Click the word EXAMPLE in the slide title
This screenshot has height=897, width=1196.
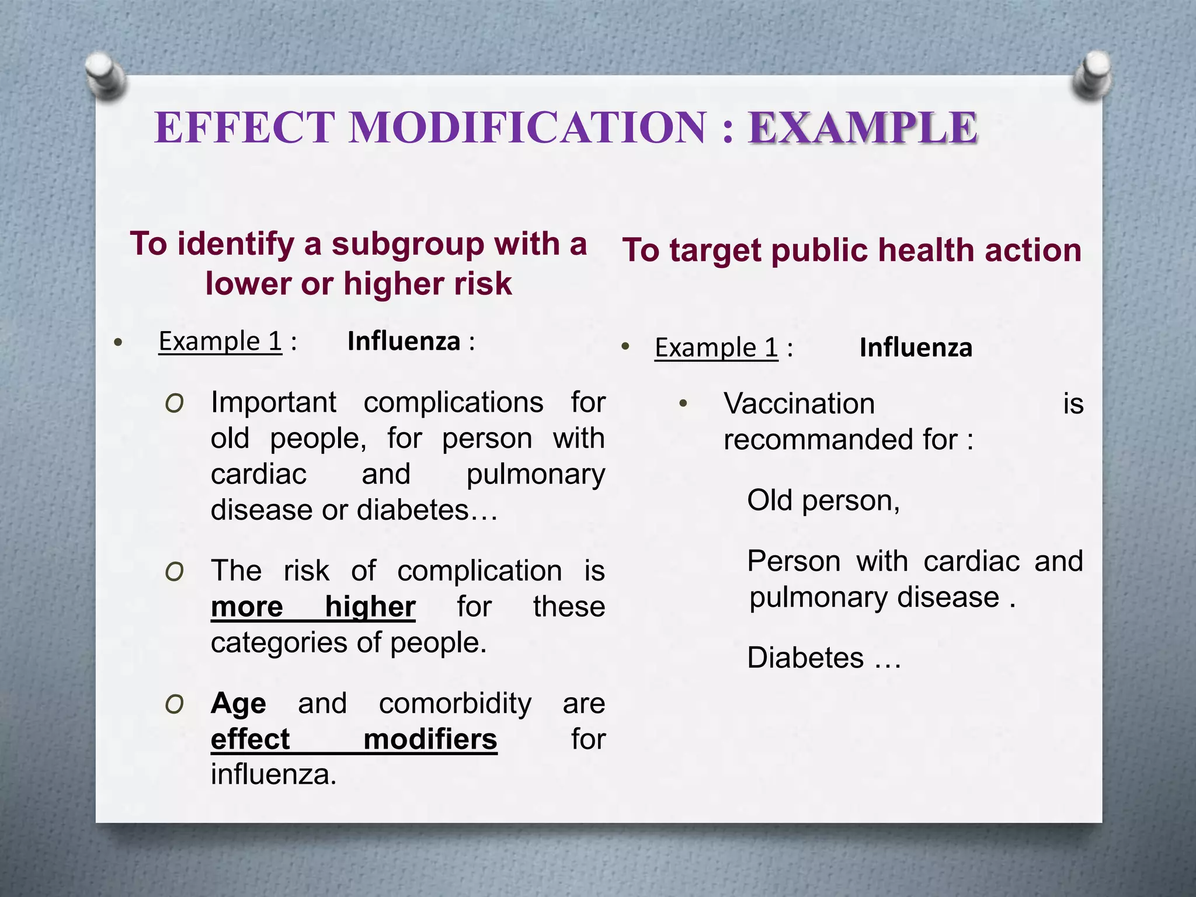coord(863,128)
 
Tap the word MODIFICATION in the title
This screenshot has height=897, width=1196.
coord(528,128)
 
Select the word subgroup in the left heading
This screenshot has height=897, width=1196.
coord(408,244)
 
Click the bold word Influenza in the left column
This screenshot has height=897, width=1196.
coord(404,342)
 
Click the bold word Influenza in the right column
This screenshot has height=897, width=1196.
coord(916,348)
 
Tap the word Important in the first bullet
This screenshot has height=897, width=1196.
coord(273,402)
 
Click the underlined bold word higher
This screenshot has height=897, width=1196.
coord(370,607)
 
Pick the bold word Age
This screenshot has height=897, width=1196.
coord(238,704)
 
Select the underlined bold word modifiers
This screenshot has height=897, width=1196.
coord(430,739)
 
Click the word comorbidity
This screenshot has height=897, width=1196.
coord(455,704)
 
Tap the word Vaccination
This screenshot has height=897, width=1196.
coord(799,404)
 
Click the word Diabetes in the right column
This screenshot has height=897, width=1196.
coord(805,658)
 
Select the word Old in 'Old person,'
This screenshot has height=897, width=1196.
coord(770,501)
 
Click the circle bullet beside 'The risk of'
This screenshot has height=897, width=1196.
coord(175,572)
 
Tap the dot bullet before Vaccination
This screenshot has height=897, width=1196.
coord(683,404)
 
